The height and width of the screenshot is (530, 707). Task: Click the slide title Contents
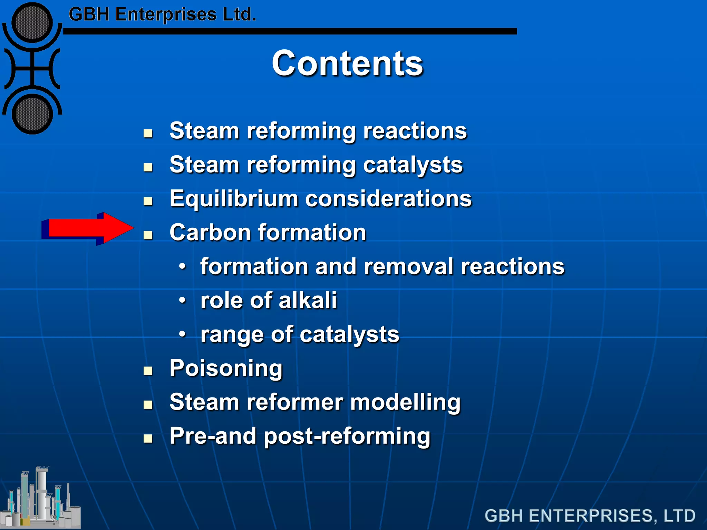click(x=347, y=63)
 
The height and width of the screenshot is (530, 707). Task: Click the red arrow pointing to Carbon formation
click(x=88, y=229)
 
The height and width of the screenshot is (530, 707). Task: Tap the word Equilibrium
click(x=233, y=199)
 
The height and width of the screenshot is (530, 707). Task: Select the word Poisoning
click(x=226, y=369)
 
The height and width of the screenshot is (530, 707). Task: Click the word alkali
click(x=308, y=300)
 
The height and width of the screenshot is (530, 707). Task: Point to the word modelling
click(x=405, y=403)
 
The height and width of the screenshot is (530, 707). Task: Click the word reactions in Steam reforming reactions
click(x=415, y=131)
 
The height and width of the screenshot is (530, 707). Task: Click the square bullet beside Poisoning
click(x=148, y=371)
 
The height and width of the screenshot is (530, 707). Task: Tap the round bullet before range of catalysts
click(x=183, y=334)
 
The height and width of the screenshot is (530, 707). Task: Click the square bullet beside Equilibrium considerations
click(x=148, y=201)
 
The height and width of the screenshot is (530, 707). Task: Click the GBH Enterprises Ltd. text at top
click(x=162, y=15)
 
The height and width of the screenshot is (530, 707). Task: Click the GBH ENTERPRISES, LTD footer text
click(x=590, y=516)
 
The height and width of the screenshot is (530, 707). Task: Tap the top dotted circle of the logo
click(x=32, y=23)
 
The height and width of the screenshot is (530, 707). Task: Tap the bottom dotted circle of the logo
click(x=32, y=114)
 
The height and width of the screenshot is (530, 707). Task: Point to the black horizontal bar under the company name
click(x=290, y=31)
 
